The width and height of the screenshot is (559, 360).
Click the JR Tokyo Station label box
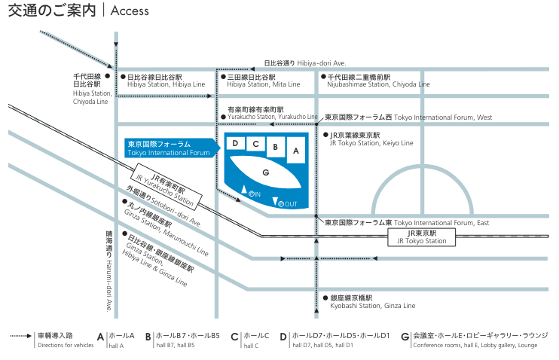(x=422, y=237)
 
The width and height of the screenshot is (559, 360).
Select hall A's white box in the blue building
(x=296, y=150)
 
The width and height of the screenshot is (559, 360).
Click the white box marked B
(x=275, y=147)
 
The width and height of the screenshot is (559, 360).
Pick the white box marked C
(x=255, y=144)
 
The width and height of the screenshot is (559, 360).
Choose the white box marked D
(x=235, y=143)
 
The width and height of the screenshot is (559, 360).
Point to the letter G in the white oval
(x=266, y=172)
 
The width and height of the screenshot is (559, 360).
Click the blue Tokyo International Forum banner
(x=173, y=148)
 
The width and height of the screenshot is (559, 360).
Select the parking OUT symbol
(x=287, y=204)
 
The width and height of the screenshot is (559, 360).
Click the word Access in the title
(x=130, y=11)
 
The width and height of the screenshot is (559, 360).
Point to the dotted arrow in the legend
(x=20, y=336)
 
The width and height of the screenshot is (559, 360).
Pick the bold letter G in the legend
(x=405, y=337)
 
